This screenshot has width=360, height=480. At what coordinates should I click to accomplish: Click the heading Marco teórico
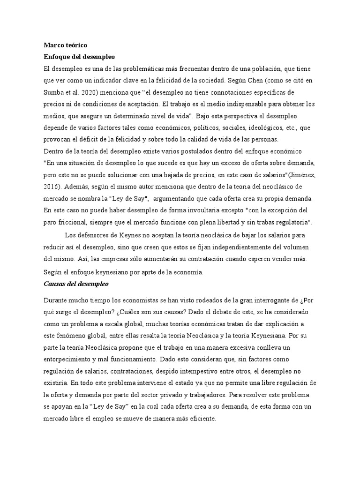click(65, 45)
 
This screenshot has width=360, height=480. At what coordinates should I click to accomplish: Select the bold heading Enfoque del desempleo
click(79, 57)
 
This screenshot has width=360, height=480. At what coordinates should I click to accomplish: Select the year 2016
click(52, 187)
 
